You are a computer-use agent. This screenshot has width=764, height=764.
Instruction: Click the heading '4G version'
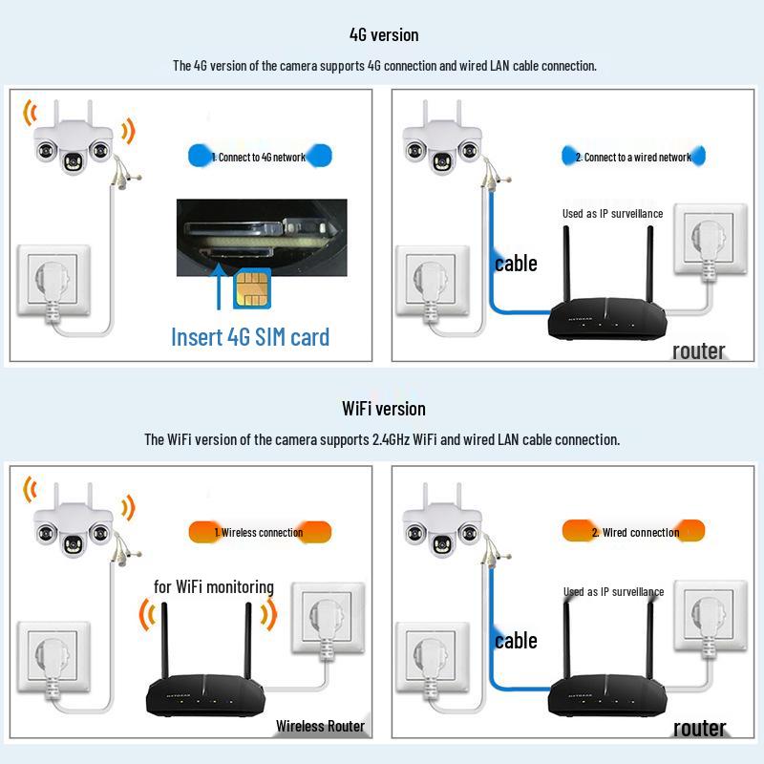tap(383, 35)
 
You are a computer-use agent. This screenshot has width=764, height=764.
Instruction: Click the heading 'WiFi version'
tap(383, 409)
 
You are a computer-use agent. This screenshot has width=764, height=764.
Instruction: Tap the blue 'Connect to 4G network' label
tap(260, 156)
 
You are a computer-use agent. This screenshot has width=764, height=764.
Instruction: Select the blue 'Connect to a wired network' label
tap(633, 156)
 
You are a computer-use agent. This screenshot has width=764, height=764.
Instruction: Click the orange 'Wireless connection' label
tap(259, 532)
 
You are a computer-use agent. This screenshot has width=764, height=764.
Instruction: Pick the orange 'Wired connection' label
tap(633, 532)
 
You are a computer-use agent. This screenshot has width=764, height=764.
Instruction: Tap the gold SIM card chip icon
tap(250, 286)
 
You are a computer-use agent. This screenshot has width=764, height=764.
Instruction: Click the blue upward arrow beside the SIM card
tap(220, 286)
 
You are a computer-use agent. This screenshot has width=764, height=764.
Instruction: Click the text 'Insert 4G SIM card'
tap(250, 336)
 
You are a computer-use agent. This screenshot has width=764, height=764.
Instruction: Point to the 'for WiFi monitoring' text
tap(214, 586)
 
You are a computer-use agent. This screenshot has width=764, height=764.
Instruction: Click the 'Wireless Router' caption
tap(320, 726)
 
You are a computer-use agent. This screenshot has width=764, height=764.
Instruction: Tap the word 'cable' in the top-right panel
tap(516, 264)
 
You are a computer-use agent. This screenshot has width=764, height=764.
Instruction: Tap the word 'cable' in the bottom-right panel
tap(516, 641)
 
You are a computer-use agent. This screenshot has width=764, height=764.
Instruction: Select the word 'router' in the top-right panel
tap(698, 350)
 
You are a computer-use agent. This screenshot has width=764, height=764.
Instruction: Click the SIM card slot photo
tap(260, 231)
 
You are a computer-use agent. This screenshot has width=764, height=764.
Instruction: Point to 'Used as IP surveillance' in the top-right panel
tap(612, 214)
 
